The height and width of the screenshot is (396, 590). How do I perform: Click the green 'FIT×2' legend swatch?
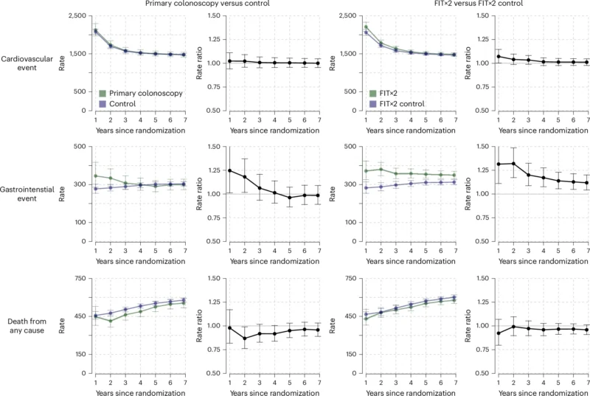pyautogui.click(x=374, y=93)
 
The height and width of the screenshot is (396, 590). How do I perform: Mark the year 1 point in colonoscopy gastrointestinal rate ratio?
pyautogui.click(x=229, y=170)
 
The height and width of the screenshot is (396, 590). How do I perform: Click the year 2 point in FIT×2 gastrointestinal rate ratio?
pyautogui.click(x=512, y=163)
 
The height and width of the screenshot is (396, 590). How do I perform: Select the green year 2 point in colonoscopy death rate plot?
pyautogui.click(x=111, y=321)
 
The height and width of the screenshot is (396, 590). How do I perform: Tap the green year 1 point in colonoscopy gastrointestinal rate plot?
pyautogui.click(x=95, y=176)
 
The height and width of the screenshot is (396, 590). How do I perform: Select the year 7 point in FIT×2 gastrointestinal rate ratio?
pyautogui.click(x=588, y=183)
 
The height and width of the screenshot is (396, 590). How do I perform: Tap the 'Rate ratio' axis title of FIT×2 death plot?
pyautogui.click(x=463, y=324)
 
